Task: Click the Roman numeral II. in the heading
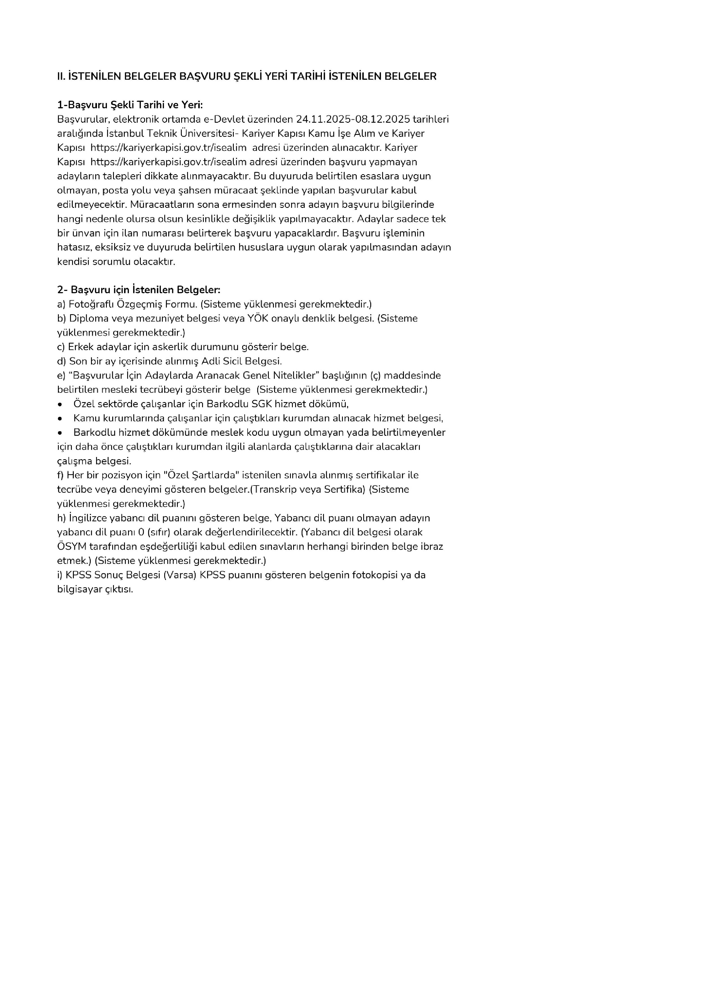pos(61,76)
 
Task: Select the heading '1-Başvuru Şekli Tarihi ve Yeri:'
pos(129,105)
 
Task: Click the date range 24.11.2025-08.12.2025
pos(352,119)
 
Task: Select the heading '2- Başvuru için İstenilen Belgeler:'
pos(139,290)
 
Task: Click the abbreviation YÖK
pos(258,318)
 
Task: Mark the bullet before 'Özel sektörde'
pos(60,404)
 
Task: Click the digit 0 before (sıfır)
pos(141,532)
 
